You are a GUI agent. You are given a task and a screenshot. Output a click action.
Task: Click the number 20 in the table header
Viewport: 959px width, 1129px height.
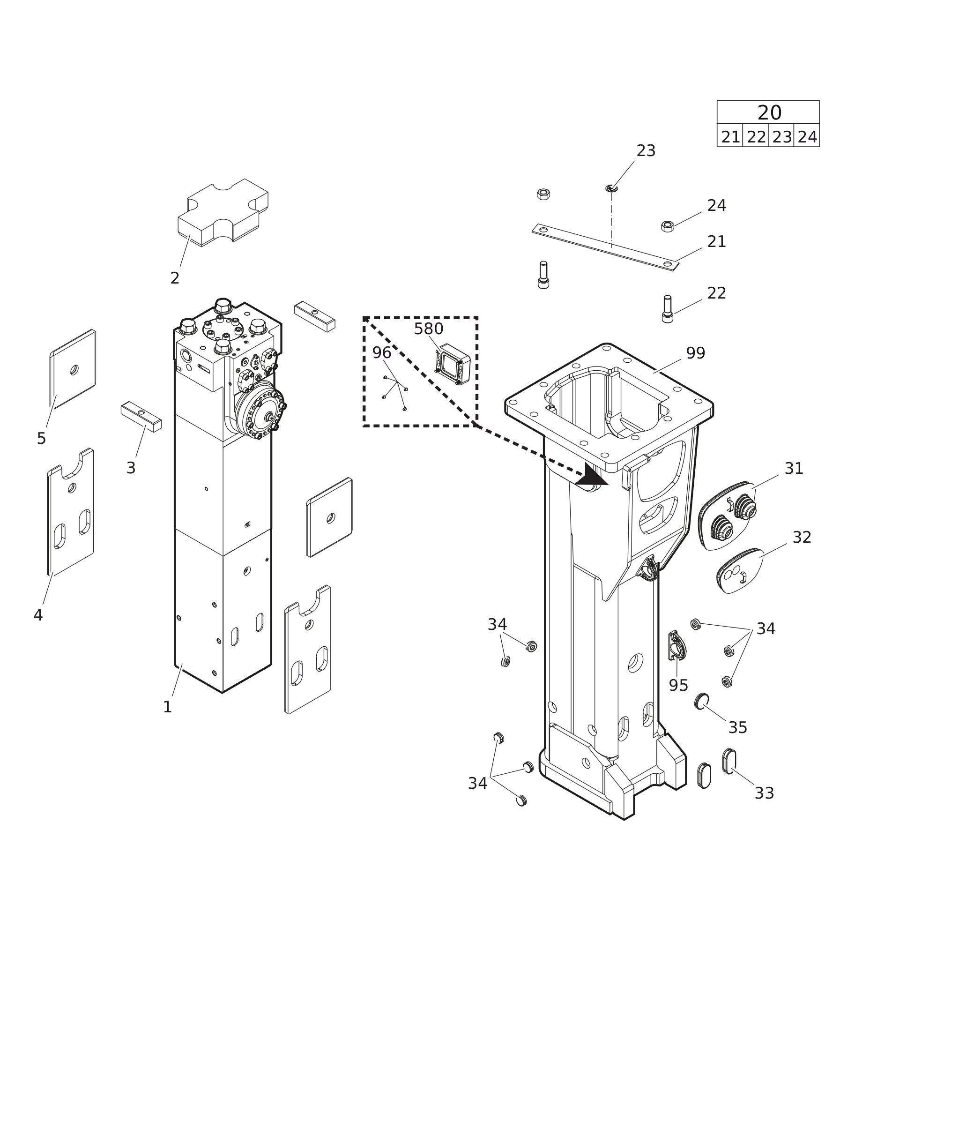point(769,113)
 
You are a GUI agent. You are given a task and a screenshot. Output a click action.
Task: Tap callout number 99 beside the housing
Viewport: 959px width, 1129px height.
point(695,353)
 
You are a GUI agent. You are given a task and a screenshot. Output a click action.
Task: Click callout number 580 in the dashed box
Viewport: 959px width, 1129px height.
point(428,329)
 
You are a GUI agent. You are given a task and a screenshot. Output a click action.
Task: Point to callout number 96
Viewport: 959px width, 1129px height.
point(382,352)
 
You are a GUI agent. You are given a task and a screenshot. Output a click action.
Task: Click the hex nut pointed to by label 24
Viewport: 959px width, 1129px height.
point(667,226)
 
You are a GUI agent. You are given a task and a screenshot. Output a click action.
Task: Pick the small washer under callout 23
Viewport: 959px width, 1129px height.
point(611,188)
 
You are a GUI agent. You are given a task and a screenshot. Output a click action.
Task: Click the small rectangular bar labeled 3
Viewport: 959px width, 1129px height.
point(141,417)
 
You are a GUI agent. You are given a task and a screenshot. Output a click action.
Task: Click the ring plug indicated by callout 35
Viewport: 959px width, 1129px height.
point(701,701)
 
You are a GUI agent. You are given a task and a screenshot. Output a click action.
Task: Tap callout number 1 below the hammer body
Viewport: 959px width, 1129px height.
point(167,707)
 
